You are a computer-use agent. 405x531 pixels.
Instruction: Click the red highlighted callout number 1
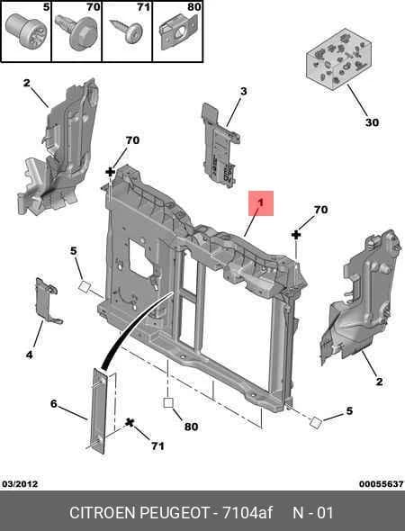tap(260, 202)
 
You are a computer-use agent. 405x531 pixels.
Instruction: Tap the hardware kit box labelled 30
tap(339, 58)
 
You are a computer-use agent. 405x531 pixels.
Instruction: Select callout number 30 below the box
tap(372, 122)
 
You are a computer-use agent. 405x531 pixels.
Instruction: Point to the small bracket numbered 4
tap(48, 301)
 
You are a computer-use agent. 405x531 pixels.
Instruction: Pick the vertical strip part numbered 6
tap(99, 409)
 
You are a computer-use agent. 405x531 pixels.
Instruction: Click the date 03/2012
tap(20, 484)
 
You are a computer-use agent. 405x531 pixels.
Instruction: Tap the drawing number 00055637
tap(382, 484)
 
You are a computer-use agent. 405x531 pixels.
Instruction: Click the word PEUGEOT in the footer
tap(174, 513)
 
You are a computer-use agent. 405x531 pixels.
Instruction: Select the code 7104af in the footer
tap(247, 513)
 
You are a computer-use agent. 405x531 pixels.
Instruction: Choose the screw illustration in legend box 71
tap(126, 31)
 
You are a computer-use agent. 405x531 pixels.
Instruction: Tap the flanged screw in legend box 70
tap(77, 31)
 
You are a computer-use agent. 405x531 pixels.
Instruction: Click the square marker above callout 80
tap(168, 402)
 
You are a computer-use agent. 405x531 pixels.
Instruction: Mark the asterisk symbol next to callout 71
tap(130, 423)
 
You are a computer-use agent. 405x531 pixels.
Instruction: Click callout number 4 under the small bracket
tap(30, 355)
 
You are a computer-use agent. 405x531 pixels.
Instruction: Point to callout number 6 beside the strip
tap(54, 404)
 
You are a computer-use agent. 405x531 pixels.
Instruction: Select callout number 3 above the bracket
tap(244, 91)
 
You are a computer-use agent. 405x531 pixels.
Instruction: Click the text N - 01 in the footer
tap(313, 513)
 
